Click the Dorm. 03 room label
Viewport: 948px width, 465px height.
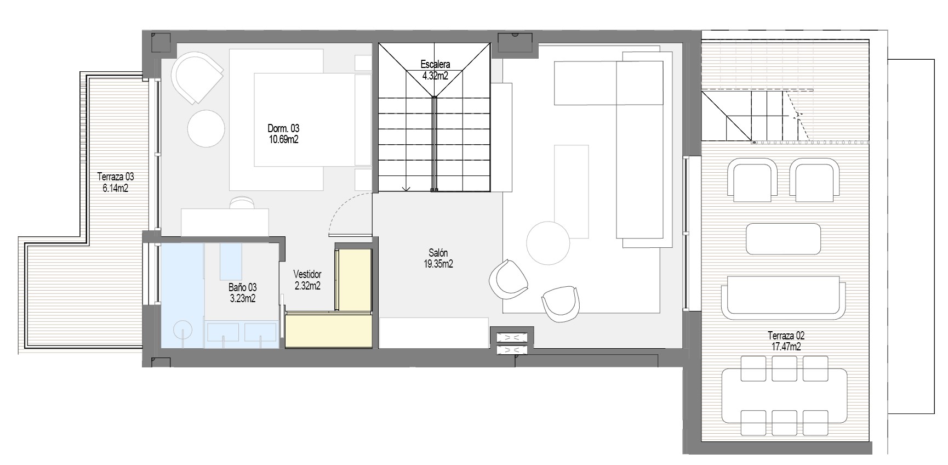tap(283, 128)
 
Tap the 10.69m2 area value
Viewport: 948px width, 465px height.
tap(283, 139)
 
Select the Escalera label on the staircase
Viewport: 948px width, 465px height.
tap(435, 64)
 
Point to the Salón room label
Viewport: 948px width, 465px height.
tap(438, 253)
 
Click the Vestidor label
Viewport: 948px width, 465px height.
tap(307, 274)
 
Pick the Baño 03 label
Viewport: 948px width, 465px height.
tap(242, 287)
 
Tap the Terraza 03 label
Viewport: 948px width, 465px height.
tap(115, 177)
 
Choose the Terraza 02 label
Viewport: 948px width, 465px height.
tap(786, 336)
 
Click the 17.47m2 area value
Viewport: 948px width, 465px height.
tap(786, 347)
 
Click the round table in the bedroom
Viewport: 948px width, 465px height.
tap(206, 128)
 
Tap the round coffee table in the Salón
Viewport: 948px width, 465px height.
tap(548, 243)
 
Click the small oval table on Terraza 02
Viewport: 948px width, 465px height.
tap(783, 238)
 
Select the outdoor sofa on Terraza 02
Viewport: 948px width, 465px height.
tap(783, 297)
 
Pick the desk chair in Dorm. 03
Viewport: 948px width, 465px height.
tap(242, 202)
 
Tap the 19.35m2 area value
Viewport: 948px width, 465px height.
tap(438, 264)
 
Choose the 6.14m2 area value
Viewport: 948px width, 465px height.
tap(115, 188)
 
